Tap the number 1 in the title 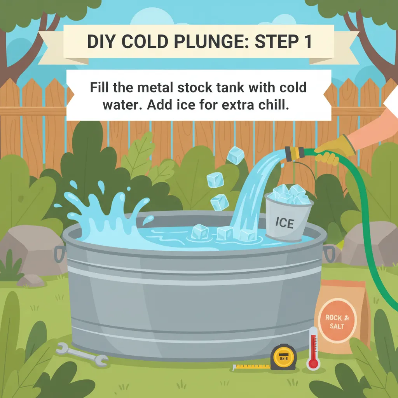coord(307,42)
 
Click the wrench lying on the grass coord(82,354)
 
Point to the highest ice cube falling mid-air coord(235,156)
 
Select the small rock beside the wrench coord(31,280)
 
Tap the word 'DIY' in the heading coord(101,42)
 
